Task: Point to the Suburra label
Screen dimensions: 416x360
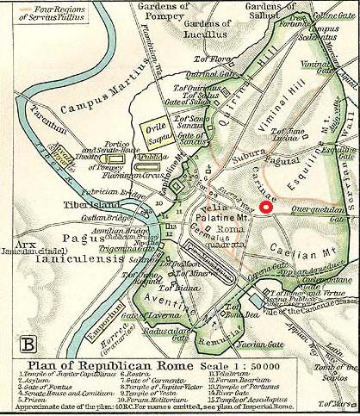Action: pyautogui.click(x=233, y=156)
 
